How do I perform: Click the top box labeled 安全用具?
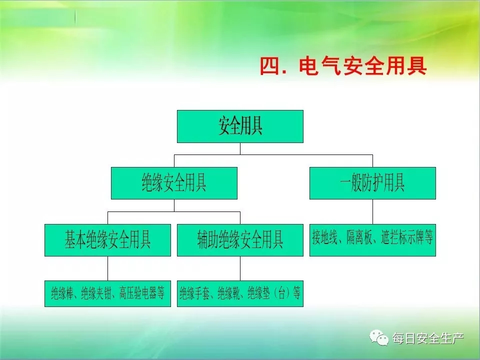pyautogui.click(x=240, y=126)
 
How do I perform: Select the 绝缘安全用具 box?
pyautogui.click(x=174, y=183)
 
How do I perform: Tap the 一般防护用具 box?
pyautogui.click(x=372, y=183)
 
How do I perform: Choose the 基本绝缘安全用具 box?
pyautogui.click(x=108, y=240)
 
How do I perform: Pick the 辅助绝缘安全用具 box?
pyautogui.click(x=240, y=240)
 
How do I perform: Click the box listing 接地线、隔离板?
pyautogui.click(x=372, y=240)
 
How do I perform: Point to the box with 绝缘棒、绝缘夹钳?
pyautogui.click(x=108, y=293)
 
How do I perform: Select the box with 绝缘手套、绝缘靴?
pyautogui.click(x=240, y=293)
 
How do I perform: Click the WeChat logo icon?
pyautogui.click(x=379, y=337)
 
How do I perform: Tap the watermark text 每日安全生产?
pyautogui.click(x=428, y=338)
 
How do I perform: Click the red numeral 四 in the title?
pyautogui.click(x=270, y=66)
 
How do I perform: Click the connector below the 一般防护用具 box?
pyautogui.click(x=372, y=212)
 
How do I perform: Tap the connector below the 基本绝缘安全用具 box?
pyautogui.click(x=108, y=268)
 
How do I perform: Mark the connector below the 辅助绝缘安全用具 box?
pyautogui.click(x=240, y=268)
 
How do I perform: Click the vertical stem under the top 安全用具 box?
pyautogui.click(x=240, y=149)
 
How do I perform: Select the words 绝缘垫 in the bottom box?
pyautogui.click(x=259, y=293)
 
